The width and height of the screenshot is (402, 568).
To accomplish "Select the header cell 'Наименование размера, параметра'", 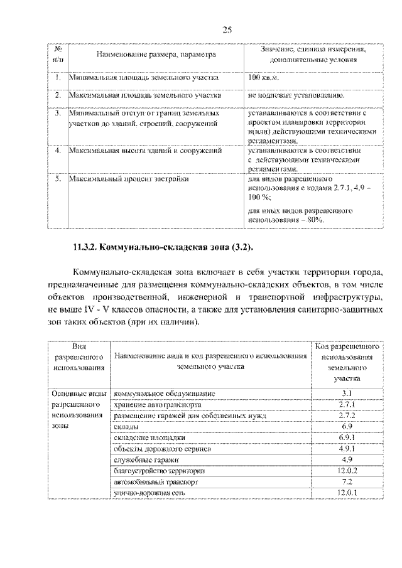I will (x=156, y=55).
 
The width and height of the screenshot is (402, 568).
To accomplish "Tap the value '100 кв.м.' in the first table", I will (x=263, y=78).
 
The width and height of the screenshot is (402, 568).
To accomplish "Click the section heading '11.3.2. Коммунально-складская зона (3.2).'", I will (x=164, y=247).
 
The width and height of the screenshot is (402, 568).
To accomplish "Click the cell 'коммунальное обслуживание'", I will (x=165, y=393).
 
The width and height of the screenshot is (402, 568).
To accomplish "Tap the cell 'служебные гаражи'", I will (x=146, y=460).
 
